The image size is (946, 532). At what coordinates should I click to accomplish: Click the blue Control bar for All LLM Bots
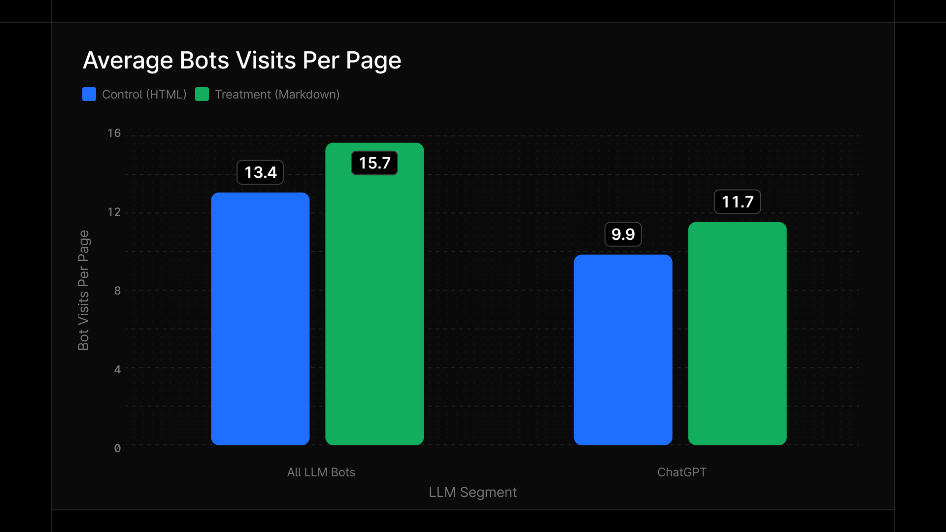point(260,319)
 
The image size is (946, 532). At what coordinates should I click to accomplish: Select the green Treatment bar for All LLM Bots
point(374,305)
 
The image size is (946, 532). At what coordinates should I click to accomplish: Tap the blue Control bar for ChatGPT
point(623,350)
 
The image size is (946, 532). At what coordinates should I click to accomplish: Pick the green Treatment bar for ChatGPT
point(737,333)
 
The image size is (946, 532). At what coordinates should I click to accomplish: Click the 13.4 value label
point(260,172)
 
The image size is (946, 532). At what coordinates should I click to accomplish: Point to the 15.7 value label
point(374,163)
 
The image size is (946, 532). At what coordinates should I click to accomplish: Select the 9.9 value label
point(623,234)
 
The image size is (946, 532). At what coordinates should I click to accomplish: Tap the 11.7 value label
point(737,202)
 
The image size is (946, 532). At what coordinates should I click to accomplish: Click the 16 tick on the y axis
point(114,133)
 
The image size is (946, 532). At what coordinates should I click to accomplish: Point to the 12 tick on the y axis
point(114,212)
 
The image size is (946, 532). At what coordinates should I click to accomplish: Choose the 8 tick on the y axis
point(117,291)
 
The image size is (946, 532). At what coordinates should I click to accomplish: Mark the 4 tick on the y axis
point(117,369)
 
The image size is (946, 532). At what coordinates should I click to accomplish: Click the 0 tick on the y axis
point(117,448)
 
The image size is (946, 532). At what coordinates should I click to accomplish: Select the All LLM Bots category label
point(321,472)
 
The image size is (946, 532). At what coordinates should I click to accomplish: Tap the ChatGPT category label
point(681,472)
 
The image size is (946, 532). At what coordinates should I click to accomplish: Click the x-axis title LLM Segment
point(473,492)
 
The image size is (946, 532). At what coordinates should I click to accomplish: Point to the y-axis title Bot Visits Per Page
point(84,290)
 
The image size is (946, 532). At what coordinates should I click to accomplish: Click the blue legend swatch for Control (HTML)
point(89,94)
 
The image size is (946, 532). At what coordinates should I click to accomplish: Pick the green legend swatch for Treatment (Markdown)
point(202,94)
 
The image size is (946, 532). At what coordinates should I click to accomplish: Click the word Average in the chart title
point(128,61)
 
